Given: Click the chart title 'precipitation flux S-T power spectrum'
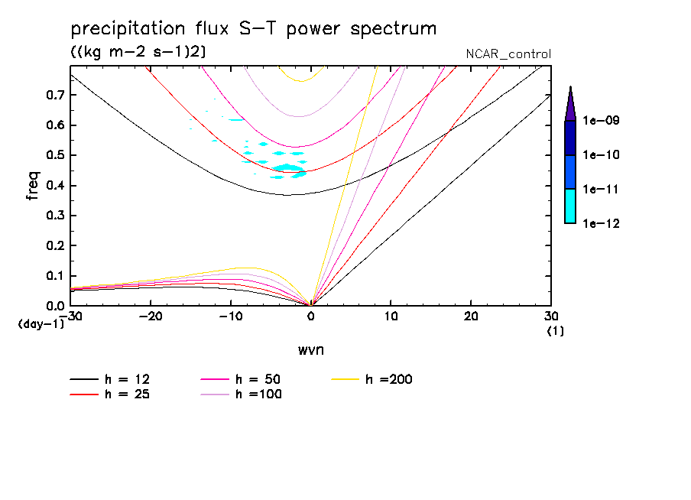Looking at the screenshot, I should pos(253,30).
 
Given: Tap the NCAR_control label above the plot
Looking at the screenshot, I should pos(508,54).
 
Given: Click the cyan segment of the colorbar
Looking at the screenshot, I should pos(570,206).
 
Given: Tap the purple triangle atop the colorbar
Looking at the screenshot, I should pos(570,106).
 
